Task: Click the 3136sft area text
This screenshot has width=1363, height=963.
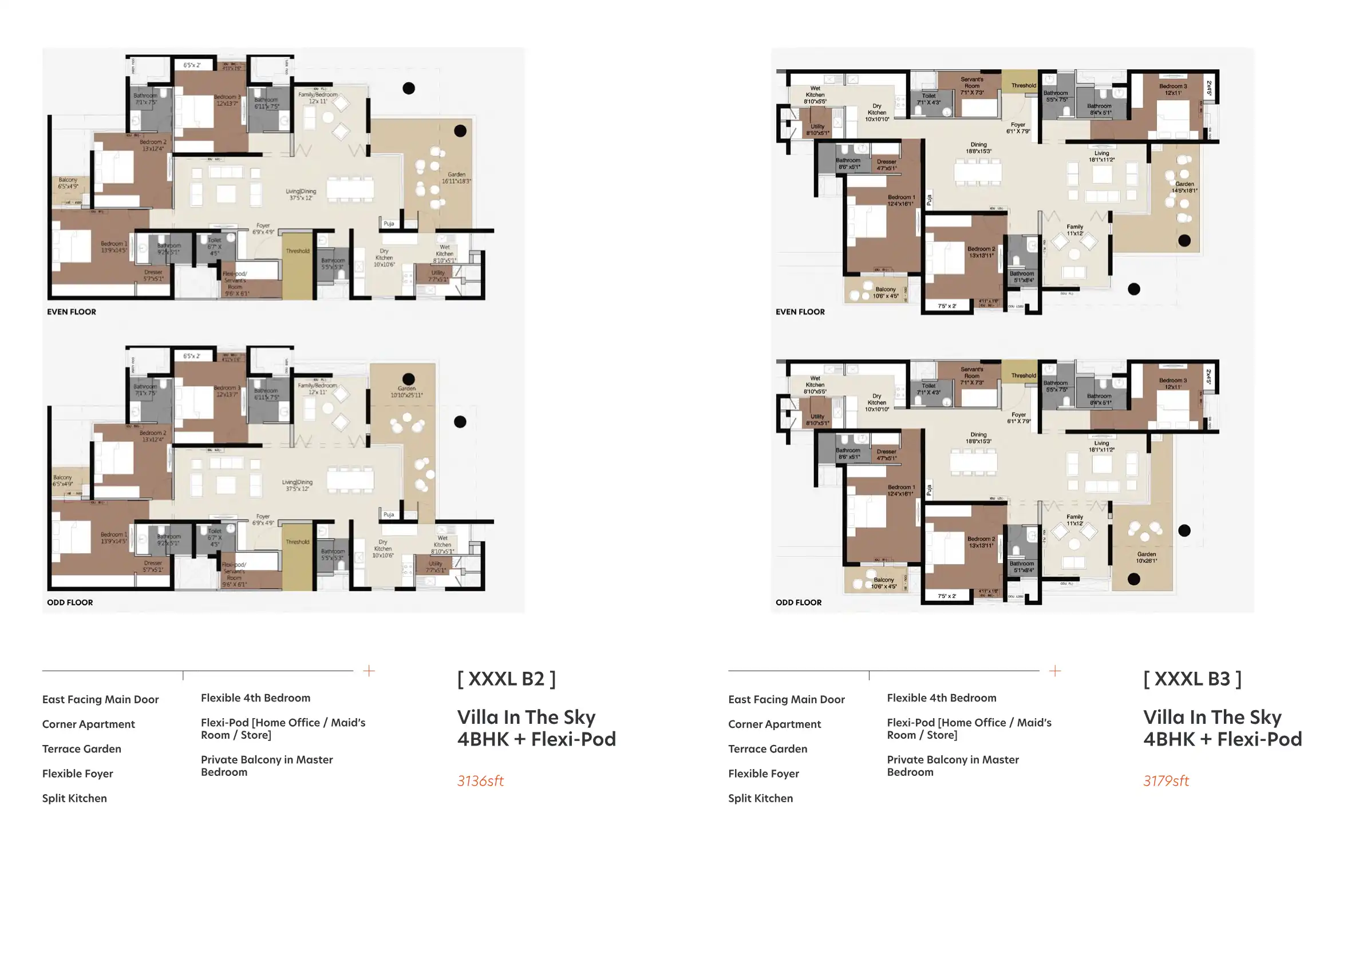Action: click(x=480, y=781)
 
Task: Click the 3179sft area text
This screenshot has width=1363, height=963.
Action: click(x=1166, y=781)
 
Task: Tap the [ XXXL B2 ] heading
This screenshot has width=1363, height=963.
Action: click(x=507, y=679)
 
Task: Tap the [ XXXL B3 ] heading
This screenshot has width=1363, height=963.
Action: click(x=1192, y=679)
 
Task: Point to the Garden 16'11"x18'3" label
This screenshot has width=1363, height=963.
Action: click(x=456, y=178)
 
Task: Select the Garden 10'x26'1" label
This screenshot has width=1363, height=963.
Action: click(x=1146, y=557)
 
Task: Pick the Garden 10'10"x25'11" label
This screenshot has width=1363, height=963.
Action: click(x=406, y=391)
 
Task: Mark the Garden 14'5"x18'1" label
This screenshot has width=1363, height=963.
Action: click(x=1184, y=187)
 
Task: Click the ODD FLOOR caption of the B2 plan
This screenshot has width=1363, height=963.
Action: click(x=70, y=603)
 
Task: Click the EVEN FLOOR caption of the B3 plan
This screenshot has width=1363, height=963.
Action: click(x=800, y=311)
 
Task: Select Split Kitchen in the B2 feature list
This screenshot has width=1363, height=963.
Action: click(x=74, y=798)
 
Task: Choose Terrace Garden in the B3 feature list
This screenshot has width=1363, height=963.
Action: click(x=767, y=749)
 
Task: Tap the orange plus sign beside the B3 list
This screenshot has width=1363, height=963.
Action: click(x=1055, y=671)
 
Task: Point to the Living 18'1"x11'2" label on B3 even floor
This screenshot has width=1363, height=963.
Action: click(x=1101, y=156)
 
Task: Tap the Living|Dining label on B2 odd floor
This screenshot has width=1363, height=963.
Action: click(x=297, y=485)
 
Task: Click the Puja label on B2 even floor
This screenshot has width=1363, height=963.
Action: click(x=389, y=224)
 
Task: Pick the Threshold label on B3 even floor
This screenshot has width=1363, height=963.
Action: click(x=1024, y=85)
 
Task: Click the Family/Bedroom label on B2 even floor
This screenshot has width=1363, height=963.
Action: click(x=318, y=98)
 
